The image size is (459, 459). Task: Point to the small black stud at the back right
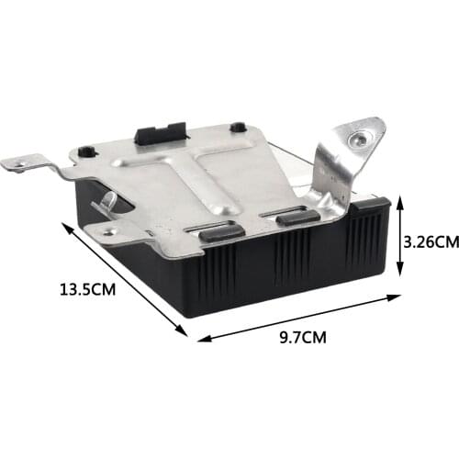click(237, 128)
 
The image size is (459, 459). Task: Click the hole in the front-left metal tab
click(111, 232)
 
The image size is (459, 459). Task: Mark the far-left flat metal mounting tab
click(28, 165)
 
